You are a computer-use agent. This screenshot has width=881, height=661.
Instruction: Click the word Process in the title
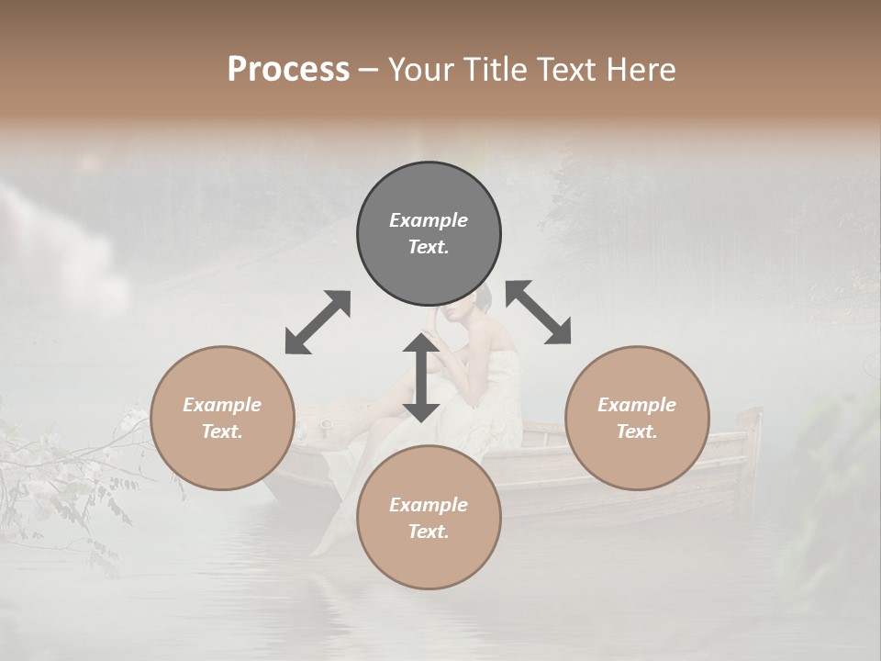pyautogui.click(x=288, y=70)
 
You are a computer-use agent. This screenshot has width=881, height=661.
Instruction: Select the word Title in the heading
pyautogui.click(x=494, y=70)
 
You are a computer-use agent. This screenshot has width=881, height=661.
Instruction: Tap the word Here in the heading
pyautogui.click(x=641, y=70)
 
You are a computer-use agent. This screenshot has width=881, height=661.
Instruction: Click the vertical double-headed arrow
pyautogui.click(x=421, y=377)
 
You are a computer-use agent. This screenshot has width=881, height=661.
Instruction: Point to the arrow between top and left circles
pyautogui.click(x=318, y=322)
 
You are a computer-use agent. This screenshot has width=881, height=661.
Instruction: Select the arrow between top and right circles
pyautogui.click(x=539, y=313)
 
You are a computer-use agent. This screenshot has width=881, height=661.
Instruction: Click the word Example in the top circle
pyautogui.click(x=429, y=220)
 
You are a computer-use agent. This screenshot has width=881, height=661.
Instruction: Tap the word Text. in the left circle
pyautogui.click(x=222, y=431)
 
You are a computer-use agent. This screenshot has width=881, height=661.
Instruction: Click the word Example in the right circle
pyautogui.click(x=637, y=405)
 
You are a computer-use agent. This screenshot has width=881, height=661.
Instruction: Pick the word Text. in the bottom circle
pyautogui.click(x=429, y=532)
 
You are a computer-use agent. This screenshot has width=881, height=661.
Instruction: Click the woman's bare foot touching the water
pyautogui.click(x=320, y=548)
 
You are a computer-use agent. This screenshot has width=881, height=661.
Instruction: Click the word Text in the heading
pyautogui.click(x=564, y=70)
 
